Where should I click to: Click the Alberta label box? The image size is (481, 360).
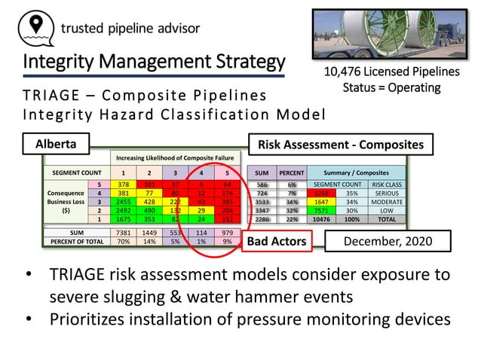pyautogui.click(x=56, y=143)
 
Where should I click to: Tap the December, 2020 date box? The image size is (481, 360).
pyautogui.click(x=387, y=241)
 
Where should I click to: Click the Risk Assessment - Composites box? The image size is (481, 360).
pyautogui.click(x=341, y=144)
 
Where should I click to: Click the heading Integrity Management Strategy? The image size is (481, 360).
pyautogui.click(x=154, y=62)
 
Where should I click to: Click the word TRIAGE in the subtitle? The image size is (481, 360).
pyautogui.click(x=51, y=96)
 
